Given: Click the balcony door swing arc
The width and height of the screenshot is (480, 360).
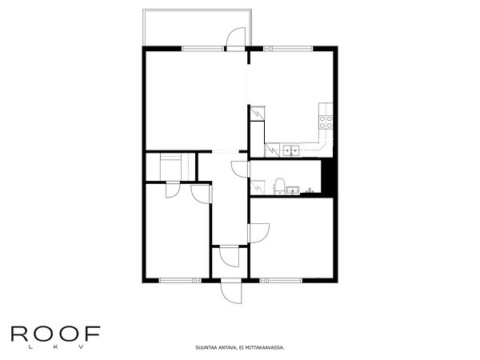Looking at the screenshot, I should tap(235, 38).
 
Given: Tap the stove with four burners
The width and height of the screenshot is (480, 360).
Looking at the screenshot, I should tap(326, 122).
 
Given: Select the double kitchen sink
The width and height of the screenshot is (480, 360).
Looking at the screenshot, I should tap(289, 149).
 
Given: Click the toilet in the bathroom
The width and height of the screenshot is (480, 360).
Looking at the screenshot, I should tap(278, 186).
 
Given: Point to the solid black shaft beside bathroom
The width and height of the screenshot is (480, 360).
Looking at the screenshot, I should tap(326, 177).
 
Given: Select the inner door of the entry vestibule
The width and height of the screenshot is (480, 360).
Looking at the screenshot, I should tap(230, 258).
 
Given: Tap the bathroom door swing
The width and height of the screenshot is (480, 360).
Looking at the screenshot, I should tap(239, 168).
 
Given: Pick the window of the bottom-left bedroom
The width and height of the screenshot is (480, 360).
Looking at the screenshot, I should tap(178, 280).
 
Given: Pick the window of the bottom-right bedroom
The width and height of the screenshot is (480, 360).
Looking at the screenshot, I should tap(280, 280).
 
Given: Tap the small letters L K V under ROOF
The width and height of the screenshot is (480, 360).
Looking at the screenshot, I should tap(54, 347).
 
